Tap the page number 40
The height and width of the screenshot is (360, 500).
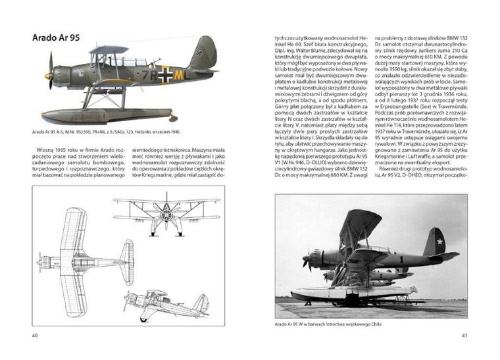tap(36, 336)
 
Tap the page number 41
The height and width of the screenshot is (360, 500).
tap(464, 336)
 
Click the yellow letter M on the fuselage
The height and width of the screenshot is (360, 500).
tap(178, 75)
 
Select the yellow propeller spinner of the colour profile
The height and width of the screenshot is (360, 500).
tap(48, 76)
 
